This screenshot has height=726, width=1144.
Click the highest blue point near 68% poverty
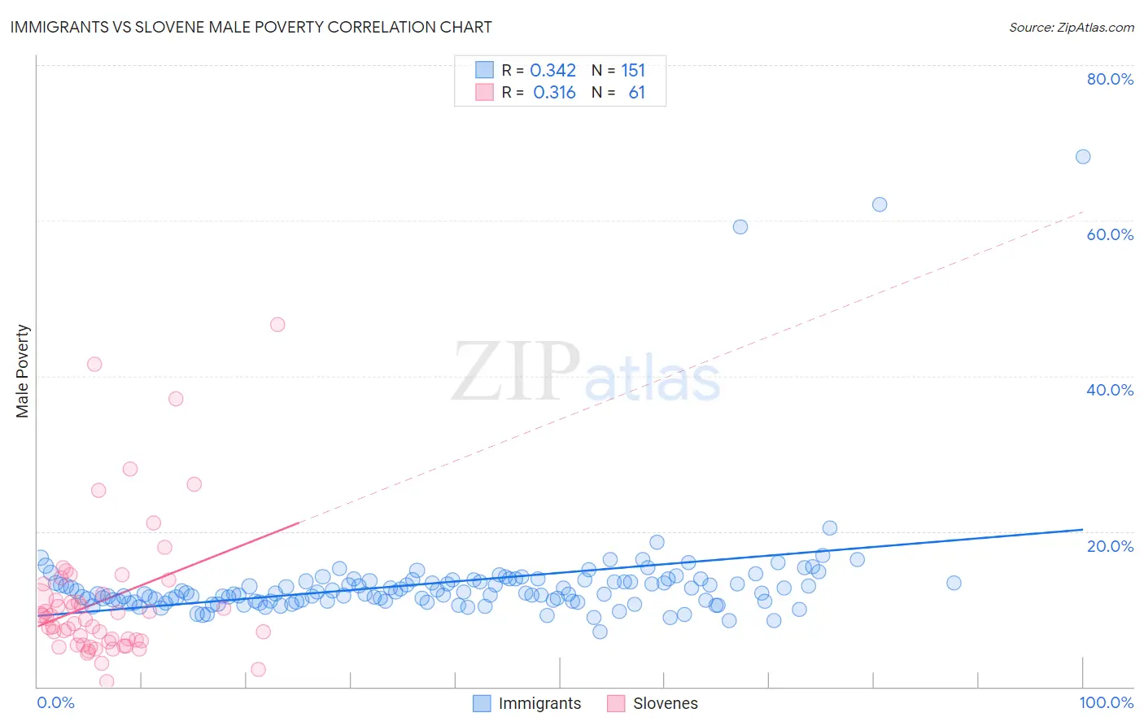[1083, 156]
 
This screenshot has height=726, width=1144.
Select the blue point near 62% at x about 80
[880, 204]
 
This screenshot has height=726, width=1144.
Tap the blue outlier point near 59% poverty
[740, 226]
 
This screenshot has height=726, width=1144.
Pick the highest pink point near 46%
[277, 324]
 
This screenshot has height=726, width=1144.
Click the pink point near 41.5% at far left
[94, 364]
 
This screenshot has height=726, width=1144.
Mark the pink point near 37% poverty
[176, 398]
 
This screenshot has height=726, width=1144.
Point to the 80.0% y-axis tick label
[1110, 79]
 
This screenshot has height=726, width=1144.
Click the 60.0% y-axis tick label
[1110, 234]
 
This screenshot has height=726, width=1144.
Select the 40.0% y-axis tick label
[1110, 390]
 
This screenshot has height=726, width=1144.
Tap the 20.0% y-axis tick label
[1110, 545]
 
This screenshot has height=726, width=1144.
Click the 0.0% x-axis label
[55, 702]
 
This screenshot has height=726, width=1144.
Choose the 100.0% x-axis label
[1106, 702]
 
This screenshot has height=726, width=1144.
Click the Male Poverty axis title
[23, 371]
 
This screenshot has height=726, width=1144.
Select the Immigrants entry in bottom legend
[539, 703]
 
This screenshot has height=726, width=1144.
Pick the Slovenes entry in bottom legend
[665, 703]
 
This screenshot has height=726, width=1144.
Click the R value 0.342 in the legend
[552, 71]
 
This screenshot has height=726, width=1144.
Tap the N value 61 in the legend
[636, 93]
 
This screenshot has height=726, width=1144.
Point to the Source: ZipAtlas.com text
[1071, 27]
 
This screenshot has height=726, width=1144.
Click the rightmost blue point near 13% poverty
[954, 583]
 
